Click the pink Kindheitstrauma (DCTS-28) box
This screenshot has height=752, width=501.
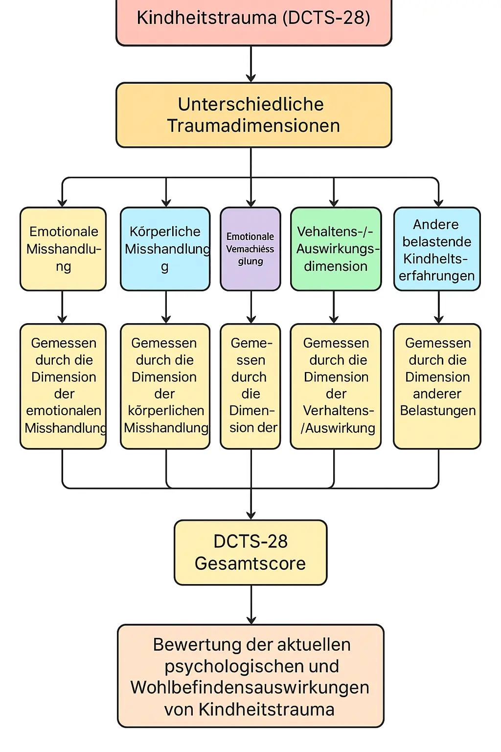253,20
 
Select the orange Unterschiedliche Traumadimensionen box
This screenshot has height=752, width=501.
253,115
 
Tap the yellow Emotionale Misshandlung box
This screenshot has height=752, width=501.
63,249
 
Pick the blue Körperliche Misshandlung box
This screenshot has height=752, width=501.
165,249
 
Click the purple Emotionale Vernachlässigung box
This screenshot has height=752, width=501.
250,249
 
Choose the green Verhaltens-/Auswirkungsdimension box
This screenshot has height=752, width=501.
336,249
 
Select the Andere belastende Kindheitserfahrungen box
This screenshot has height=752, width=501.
437,249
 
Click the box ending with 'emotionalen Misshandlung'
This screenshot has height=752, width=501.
63,386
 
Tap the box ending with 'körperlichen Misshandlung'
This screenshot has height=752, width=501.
165,386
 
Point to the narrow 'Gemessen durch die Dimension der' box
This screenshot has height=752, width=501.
250,386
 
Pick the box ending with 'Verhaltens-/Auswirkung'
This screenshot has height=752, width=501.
336,386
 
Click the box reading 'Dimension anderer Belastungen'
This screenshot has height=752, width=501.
437,386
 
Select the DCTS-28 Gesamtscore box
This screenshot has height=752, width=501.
250,552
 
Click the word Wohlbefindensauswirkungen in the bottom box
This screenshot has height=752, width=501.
250,687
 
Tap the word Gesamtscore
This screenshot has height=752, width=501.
250,564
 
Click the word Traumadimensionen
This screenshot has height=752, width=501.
253,126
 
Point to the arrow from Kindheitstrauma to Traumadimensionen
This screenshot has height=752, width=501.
251,64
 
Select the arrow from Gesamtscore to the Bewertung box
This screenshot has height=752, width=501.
251,604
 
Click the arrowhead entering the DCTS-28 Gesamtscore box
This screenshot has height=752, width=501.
251,515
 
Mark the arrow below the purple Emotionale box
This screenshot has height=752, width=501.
251,307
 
